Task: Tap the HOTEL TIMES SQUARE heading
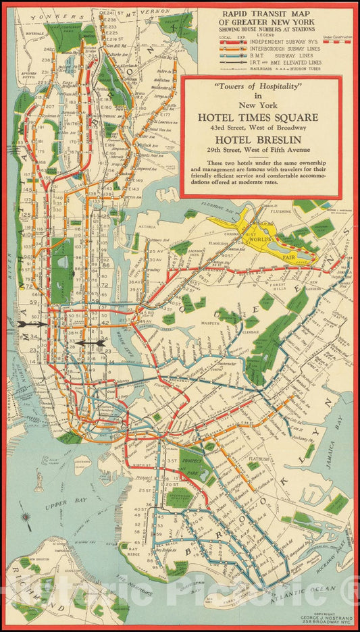[x=261, y=117]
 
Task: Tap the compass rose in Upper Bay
[x=26, y=518]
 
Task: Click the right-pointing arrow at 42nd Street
[x=34, y=324]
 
